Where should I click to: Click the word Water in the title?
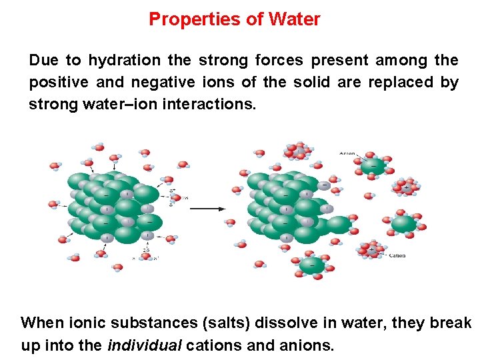pos(294,19)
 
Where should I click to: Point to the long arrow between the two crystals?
pos(207,209)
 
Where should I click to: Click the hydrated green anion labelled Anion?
pos(373,165)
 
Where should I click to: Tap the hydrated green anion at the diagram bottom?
pos(312,265)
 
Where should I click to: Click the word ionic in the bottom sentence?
pos(83,323)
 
